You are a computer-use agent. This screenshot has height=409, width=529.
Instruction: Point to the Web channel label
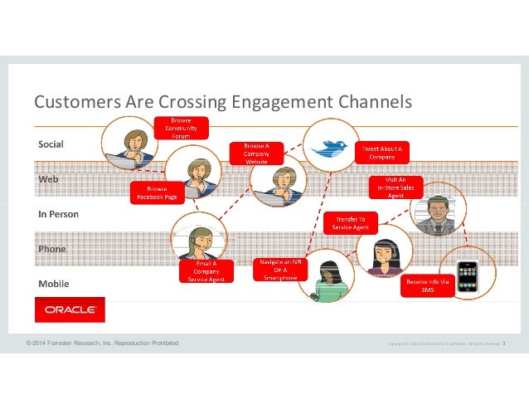49,179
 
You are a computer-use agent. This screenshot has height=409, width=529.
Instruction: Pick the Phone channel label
53,249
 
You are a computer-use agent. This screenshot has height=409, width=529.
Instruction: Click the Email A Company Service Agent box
202,270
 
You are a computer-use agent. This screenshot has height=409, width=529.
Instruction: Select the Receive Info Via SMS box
428,284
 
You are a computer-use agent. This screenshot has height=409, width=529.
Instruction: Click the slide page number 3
505,342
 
